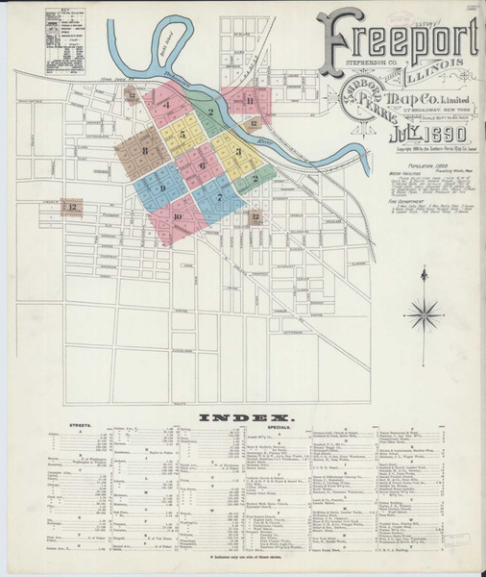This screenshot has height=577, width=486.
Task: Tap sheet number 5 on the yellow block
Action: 182,136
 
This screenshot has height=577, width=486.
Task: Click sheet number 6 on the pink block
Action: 203,166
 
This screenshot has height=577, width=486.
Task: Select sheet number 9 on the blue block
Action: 163,187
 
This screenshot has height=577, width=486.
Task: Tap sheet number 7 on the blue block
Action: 220,198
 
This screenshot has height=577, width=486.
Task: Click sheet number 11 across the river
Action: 249,101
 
